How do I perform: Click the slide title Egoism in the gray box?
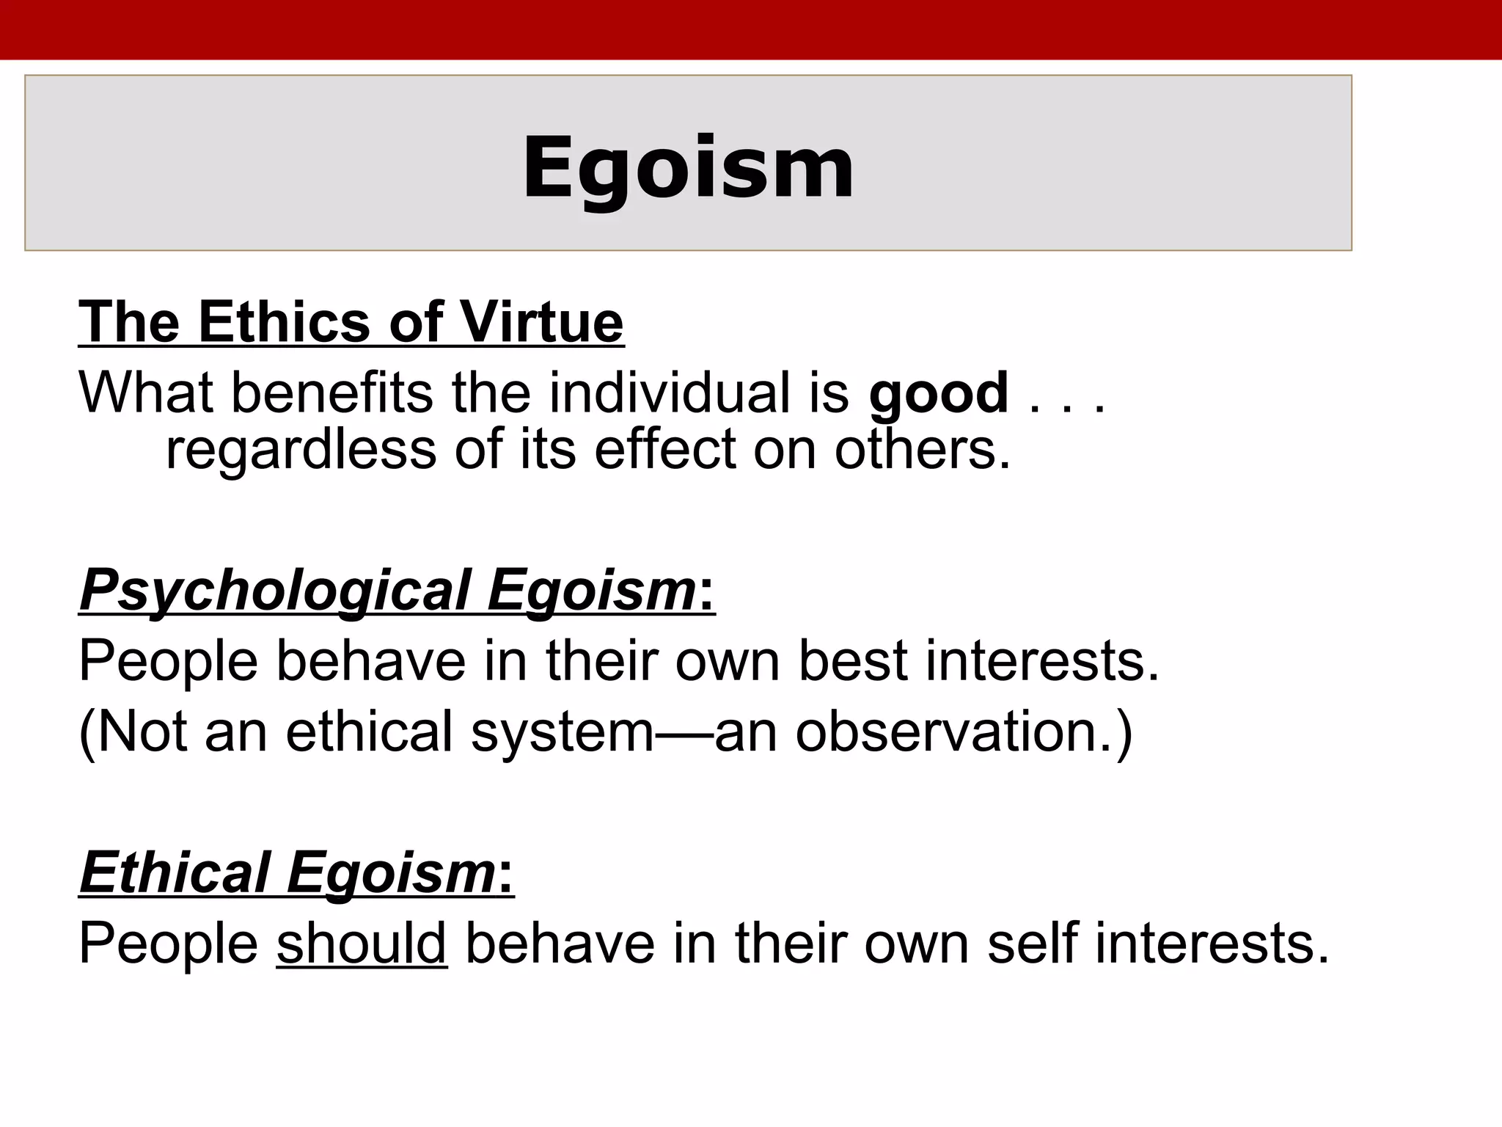point(688,169)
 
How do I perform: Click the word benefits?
point(332,393)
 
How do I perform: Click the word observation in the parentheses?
point(954,732)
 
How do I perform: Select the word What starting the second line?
point(146,393)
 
